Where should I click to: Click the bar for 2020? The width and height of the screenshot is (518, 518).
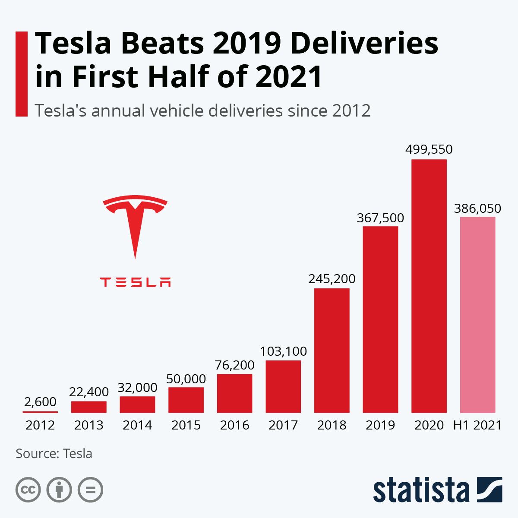click(x=429, y=286)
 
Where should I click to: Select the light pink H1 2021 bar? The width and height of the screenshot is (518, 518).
click(x=477, y=315)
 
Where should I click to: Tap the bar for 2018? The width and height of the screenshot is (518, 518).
click(x=332, y=351)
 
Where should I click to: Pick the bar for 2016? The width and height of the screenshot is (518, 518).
click(x=234, y=394)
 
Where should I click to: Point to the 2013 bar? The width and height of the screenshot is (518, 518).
click(x=88, y=407)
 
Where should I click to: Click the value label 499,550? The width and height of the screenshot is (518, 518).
click(x=429, y=149)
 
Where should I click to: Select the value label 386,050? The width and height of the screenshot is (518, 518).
click(x=477, y=208)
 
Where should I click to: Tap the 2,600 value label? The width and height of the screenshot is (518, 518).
click(x=40, y=401)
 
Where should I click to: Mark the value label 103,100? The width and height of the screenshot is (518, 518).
click(x=283, y=351)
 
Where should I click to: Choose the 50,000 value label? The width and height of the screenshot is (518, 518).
click(x=186, y=379)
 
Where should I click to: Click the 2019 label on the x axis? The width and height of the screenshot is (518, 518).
click(x=380, y=425)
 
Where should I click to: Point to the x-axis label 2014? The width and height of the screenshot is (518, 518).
click(x=137, y=425)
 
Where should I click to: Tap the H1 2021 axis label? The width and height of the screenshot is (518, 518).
click(x=477, y=425)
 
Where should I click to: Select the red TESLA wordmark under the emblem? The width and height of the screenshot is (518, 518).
click(x=135, y=282)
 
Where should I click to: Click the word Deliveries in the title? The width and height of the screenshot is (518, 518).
click(x=364, y=43)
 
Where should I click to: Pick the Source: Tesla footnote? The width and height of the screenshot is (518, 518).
click(x=54, y=454)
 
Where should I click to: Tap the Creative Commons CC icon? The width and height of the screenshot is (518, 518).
click(x=28, y=490)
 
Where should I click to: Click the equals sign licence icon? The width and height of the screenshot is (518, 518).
click(x=90, y=490)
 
